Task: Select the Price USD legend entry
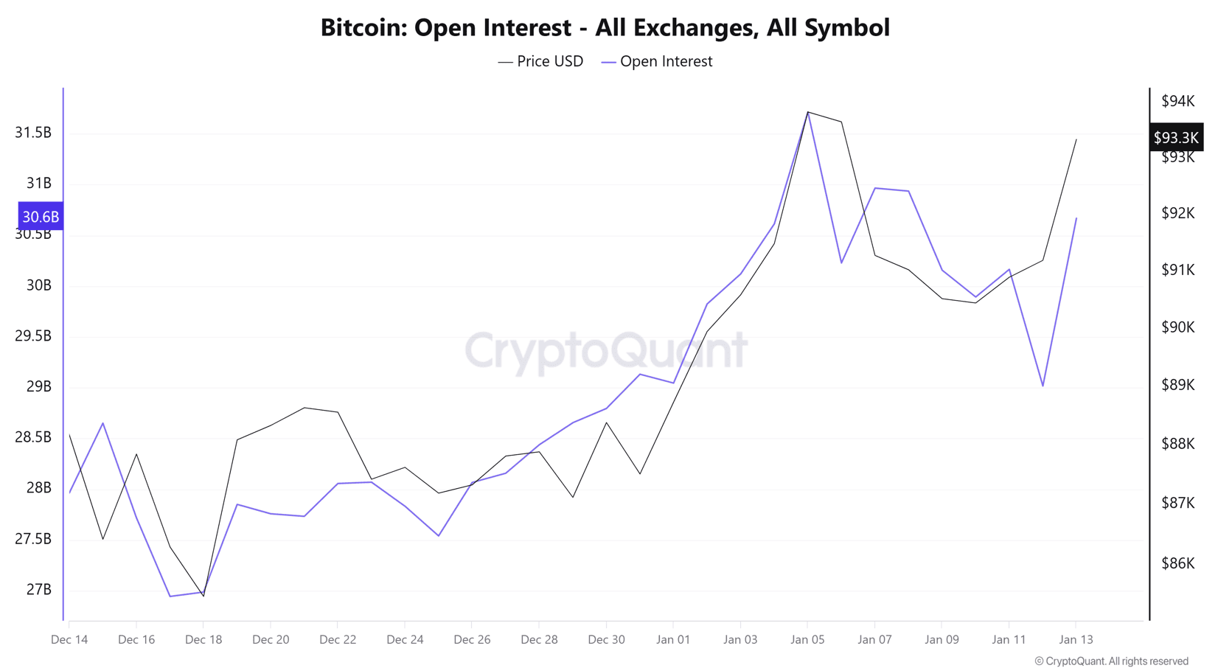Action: [541, 62]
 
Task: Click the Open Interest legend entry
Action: [658, 62]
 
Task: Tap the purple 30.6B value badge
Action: [40, 217]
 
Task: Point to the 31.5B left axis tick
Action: [33, 133]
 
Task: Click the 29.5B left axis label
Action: [33, 336]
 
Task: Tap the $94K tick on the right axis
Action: [1177, 101]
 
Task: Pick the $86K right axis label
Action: [1177, 563]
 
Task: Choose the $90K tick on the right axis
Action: [1177, 327]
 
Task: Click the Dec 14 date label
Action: [69, 639]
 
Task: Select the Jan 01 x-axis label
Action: [673, 639]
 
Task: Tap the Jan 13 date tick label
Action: [1076, 639]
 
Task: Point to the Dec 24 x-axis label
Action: [405, 639]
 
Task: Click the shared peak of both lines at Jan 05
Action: [808, 112]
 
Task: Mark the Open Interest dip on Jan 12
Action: [1043, 386]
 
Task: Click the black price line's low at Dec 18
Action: [203, 595]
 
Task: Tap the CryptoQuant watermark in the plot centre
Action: [606, 350]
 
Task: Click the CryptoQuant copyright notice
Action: [1111, 661]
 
